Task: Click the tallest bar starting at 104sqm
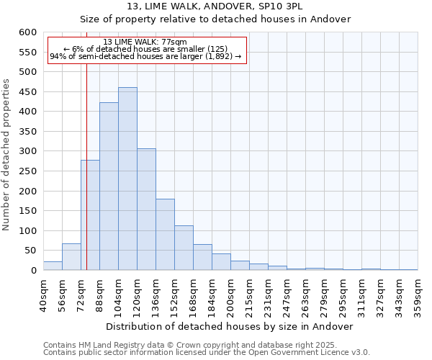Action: (x=127, y=179)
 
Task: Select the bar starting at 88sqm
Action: (x=109, y=186)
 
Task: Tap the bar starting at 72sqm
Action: (x=90, y=215)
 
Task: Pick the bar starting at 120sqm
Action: (x=146, y=210)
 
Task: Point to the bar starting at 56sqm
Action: (x=71, y=257)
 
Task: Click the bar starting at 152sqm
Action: (x=184, y=248)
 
